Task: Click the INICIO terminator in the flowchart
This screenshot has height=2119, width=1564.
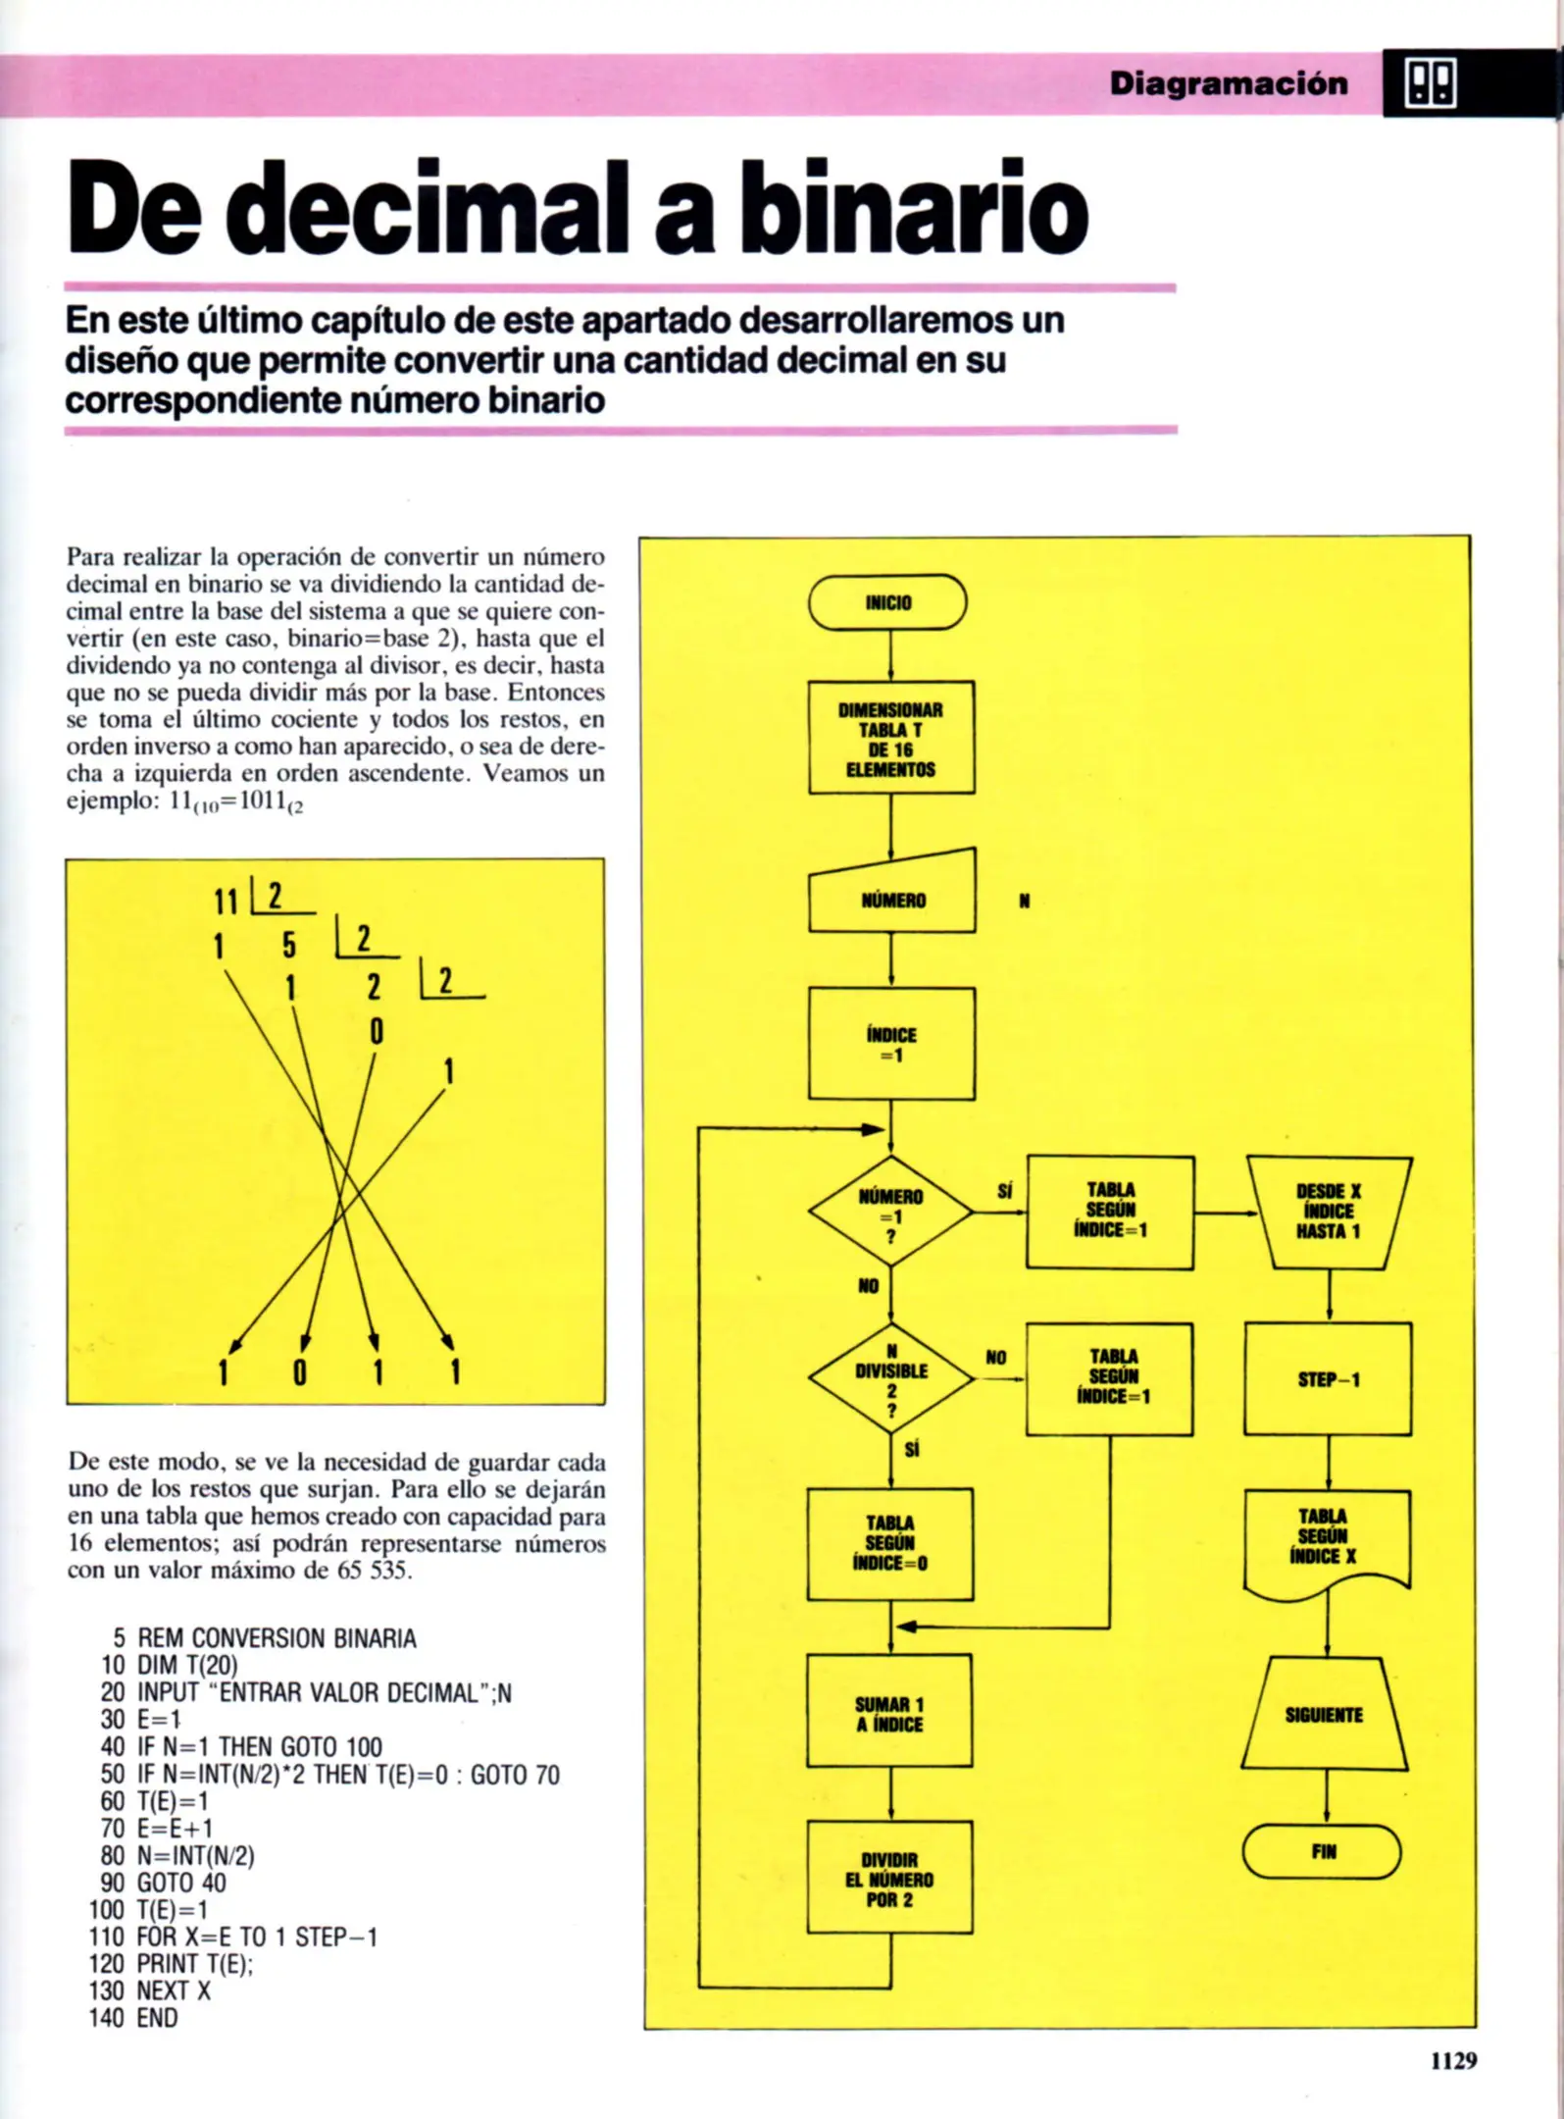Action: [887, 602]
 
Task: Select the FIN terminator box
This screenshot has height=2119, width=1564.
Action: [1322, 1851]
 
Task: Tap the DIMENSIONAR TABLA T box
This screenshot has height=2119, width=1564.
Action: [891, 738]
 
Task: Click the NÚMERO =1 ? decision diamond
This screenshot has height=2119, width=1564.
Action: [890, 1213]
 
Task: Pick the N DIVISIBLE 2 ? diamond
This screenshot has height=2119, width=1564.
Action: [890, 1377]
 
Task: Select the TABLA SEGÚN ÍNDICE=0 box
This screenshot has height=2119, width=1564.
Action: [890, 1543]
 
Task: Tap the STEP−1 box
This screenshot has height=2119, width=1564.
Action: [1328, 1378]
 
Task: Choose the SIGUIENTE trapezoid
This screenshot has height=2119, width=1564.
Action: [1324, 1714]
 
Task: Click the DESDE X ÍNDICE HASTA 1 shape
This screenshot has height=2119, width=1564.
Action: [1329, 1212]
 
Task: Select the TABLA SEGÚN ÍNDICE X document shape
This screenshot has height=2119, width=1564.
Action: [1327, 1537]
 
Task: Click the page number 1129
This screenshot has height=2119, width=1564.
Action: [1452, 2060]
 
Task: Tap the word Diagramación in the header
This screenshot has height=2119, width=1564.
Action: [1229, 83]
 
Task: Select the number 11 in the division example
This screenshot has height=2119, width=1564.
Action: [227, 900]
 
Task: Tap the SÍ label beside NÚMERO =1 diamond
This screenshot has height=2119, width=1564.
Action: [1004, 1191]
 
